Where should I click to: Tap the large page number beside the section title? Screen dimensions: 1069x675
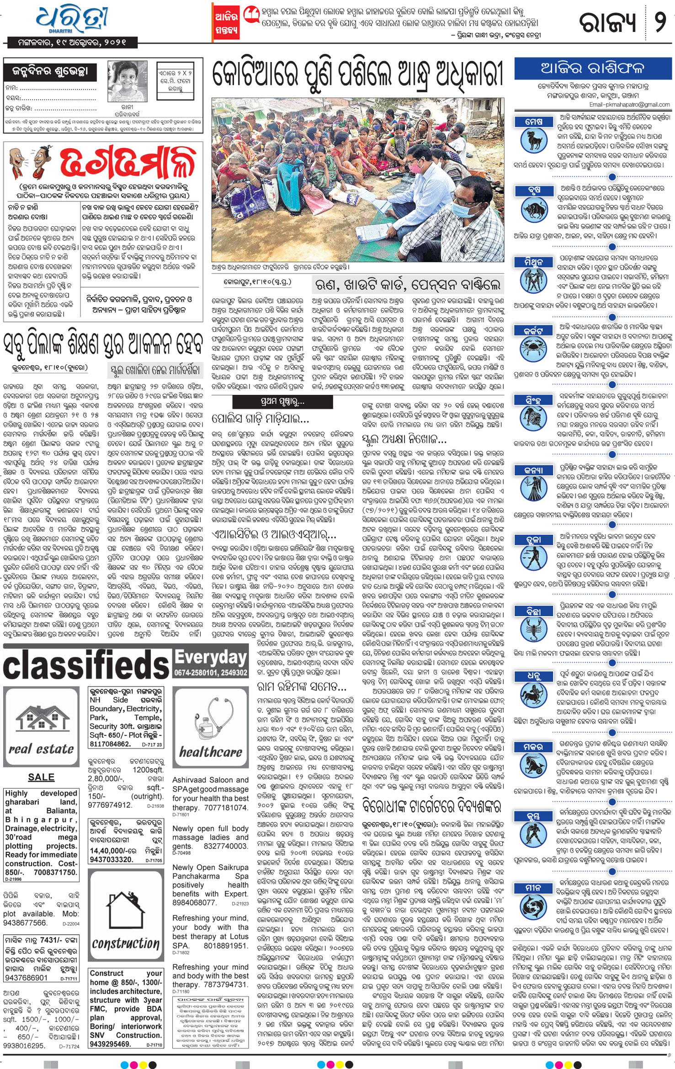pyautogui.click(x=660, y=21)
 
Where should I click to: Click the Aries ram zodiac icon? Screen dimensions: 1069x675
pyautogui.click(x=533, y=140)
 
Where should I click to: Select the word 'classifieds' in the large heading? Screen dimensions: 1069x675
pyautogui.click(x=86, y=665)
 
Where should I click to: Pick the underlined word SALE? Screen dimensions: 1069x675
pyautogui.click(x=41, y=777)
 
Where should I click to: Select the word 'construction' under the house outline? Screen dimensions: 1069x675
pyautogui.click(x=125, y=943)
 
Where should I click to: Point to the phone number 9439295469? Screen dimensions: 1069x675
pyautogui.click(x=111, y=1044)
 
